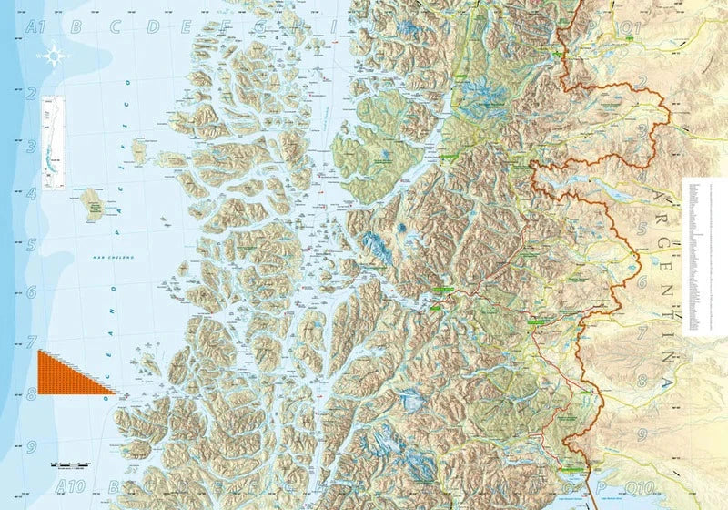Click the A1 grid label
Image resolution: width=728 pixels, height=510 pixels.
coord(36,27)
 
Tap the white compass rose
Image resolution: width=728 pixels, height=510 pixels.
coord(54,56)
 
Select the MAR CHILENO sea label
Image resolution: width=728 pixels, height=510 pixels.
coord(108,259)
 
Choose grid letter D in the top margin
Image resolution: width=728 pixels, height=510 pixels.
coord(152,27)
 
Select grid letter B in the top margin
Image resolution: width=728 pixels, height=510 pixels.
coord(76,27)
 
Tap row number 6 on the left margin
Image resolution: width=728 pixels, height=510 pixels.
coord(32,292)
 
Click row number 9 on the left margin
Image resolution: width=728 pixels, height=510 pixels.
coord(32,447)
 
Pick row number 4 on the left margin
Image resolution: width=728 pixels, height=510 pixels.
coord(32,193)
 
